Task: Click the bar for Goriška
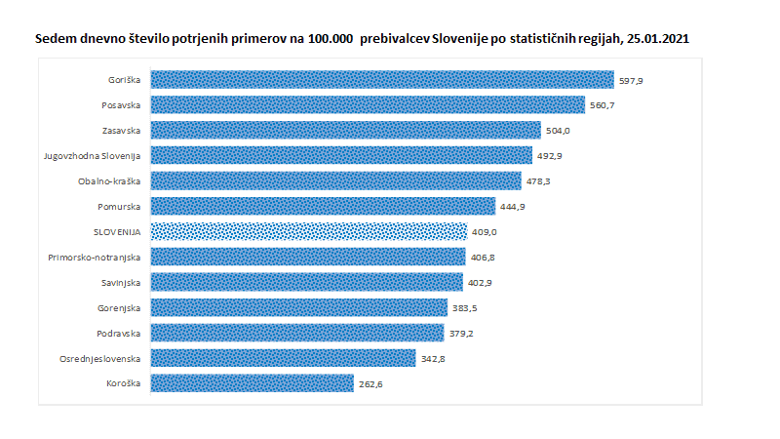[x=382, y=80]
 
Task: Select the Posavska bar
[x=368, y=105]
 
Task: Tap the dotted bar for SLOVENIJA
[x=308, y=232]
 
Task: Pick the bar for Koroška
[x=252, y=383]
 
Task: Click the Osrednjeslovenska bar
[x=283, y=358]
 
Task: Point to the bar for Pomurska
[x=323, y=207]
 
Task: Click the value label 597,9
[x=631, y=80]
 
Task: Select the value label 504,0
[x=558, y=131]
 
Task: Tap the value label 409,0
[x=484, y=232]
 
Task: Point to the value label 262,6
[x=370, y=383]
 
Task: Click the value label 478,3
[x=538, y=181]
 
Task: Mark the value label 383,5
[x=464, y=307]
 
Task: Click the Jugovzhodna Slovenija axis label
[x=93, y=156]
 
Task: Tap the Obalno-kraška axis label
[x=109, y=181]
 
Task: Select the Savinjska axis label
[x=121, y=282]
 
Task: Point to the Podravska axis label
[x=120, y=333]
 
